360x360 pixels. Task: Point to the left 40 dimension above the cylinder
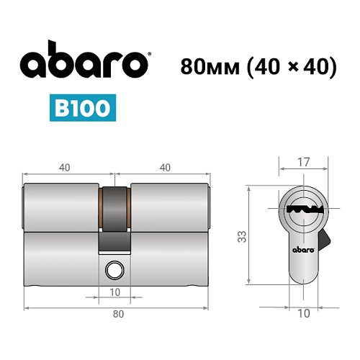[65, 168]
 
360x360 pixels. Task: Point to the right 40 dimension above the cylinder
[165, 168]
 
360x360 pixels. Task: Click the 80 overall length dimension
[117, 314]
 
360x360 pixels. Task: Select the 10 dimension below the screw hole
[114, 292]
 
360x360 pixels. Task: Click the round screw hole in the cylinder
[113, 270]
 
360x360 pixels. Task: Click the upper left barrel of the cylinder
[62, 209]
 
